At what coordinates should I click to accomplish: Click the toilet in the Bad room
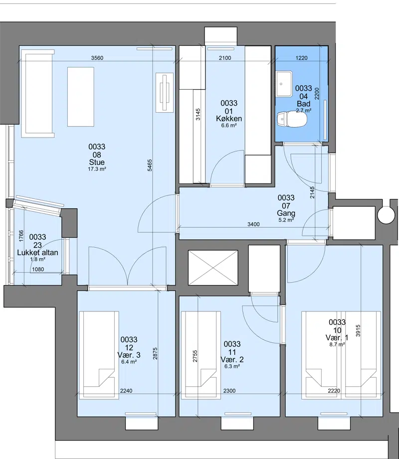click(x=292, y=119)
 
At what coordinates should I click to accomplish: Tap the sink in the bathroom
click(x=284, y=84)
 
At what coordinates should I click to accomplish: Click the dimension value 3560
click(x=97, y=58)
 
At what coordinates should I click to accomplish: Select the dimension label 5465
click(x=150, y=165)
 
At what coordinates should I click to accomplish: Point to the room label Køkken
click(x=229, y=119)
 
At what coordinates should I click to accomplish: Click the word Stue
click(x=97, y=162)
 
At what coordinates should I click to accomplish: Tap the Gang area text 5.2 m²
click(x=286, y=220)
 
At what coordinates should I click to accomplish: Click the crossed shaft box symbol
click(x=213, y=268)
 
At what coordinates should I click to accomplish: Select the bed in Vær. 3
click(x=99, y=355)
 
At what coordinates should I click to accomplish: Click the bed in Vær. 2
click(x=200, y=355)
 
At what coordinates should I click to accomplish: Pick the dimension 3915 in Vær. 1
click(x=358, y=330)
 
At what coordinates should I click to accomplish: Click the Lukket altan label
click(x=37, y=252)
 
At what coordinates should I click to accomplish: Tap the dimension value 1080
click(x=38, y=269)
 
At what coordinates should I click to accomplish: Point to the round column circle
click(x=386, y=215)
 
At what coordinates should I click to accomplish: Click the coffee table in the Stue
click(x=81, y=97)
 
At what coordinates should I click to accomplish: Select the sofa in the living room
click(x=38, y=93)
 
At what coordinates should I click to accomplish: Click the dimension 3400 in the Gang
click(x=253, y=224)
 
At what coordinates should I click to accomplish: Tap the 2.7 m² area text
click(x=304, y=110)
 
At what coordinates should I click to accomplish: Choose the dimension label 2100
click(x=225, y=58)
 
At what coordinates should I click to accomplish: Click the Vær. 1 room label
click(x=337, y=338)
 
